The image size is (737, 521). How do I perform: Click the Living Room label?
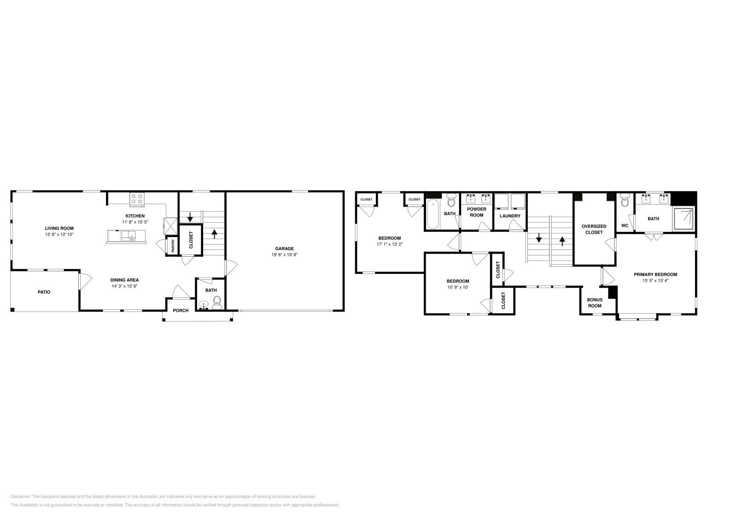pyautogui.click(x=59, y=228)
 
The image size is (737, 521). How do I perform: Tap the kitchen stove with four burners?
pyautogui.click(x=137, y=198)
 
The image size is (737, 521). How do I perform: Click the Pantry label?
pyautogui.click(x=173, y=246)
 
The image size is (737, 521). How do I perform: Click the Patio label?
pyautogui.click(x=44, y=292)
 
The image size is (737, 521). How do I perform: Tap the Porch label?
pyautogui.click(x=181, y=310)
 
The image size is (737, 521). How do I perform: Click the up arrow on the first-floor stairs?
pyautogui.click(x=214, y=232)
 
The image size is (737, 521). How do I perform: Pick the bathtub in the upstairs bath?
pyautogui.click(x=433, y=214)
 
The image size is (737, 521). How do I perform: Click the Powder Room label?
pyautogui.click(x=476, y=212)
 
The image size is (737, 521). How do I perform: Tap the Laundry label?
pyautogui.click(x=510, y=216)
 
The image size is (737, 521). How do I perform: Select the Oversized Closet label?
pyautogui.click(x=594, y=229)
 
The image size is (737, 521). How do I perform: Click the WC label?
pyautogui.click(x=625, y=226)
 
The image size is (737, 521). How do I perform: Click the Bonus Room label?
pyautogui.click(x=595, y=302)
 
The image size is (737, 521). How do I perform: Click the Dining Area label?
pyautogui.click(x=124, y=280)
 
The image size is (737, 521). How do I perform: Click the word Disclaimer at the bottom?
pyautogui.click(x=20, y=497)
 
